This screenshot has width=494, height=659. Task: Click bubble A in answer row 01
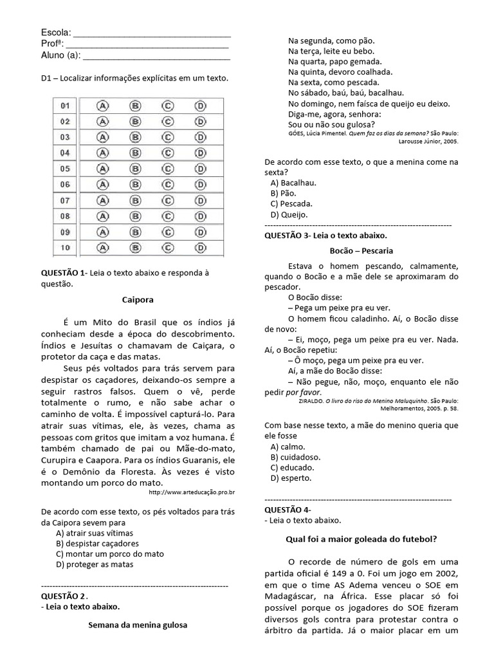pyautogui.click(x=102, y=105)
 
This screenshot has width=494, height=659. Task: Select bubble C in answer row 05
pyautogui.click(x=167, y=169)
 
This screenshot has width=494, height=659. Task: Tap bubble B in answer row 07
pyautogui.click(x=135, y=200)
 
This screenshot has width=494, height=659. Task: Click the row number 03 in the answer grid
pyautogui.click(x=65, y=137)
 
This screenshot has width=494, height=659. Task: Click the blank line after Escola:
pyautogui.click(x=152, y=33)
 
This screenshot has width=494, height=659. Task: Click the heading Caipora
pyautogui.click(x=138, y=299)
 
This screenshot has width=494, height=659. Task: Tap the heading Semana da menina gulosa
pyautogui.click(x=138, y=624)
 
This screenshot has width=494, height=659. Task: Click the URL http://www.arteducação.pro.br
pyautogui.click(x=191, y=492)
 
